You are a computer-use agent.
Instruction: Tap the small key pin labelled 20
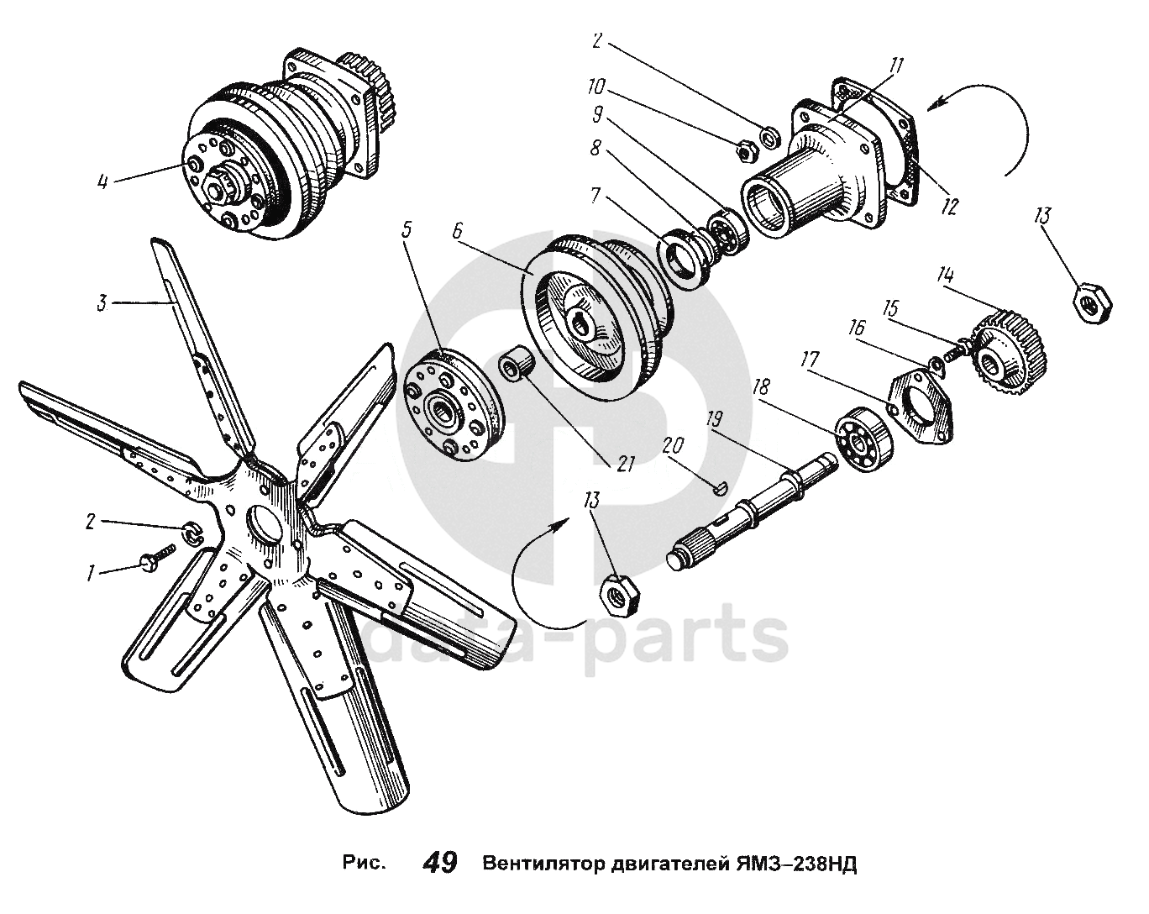721,488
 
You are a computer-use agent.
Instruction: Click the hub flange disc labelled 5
454,404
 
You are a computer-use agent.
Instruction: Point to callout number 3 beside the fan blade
102,303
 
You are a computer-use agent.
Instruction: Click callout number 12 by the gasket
948,206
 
